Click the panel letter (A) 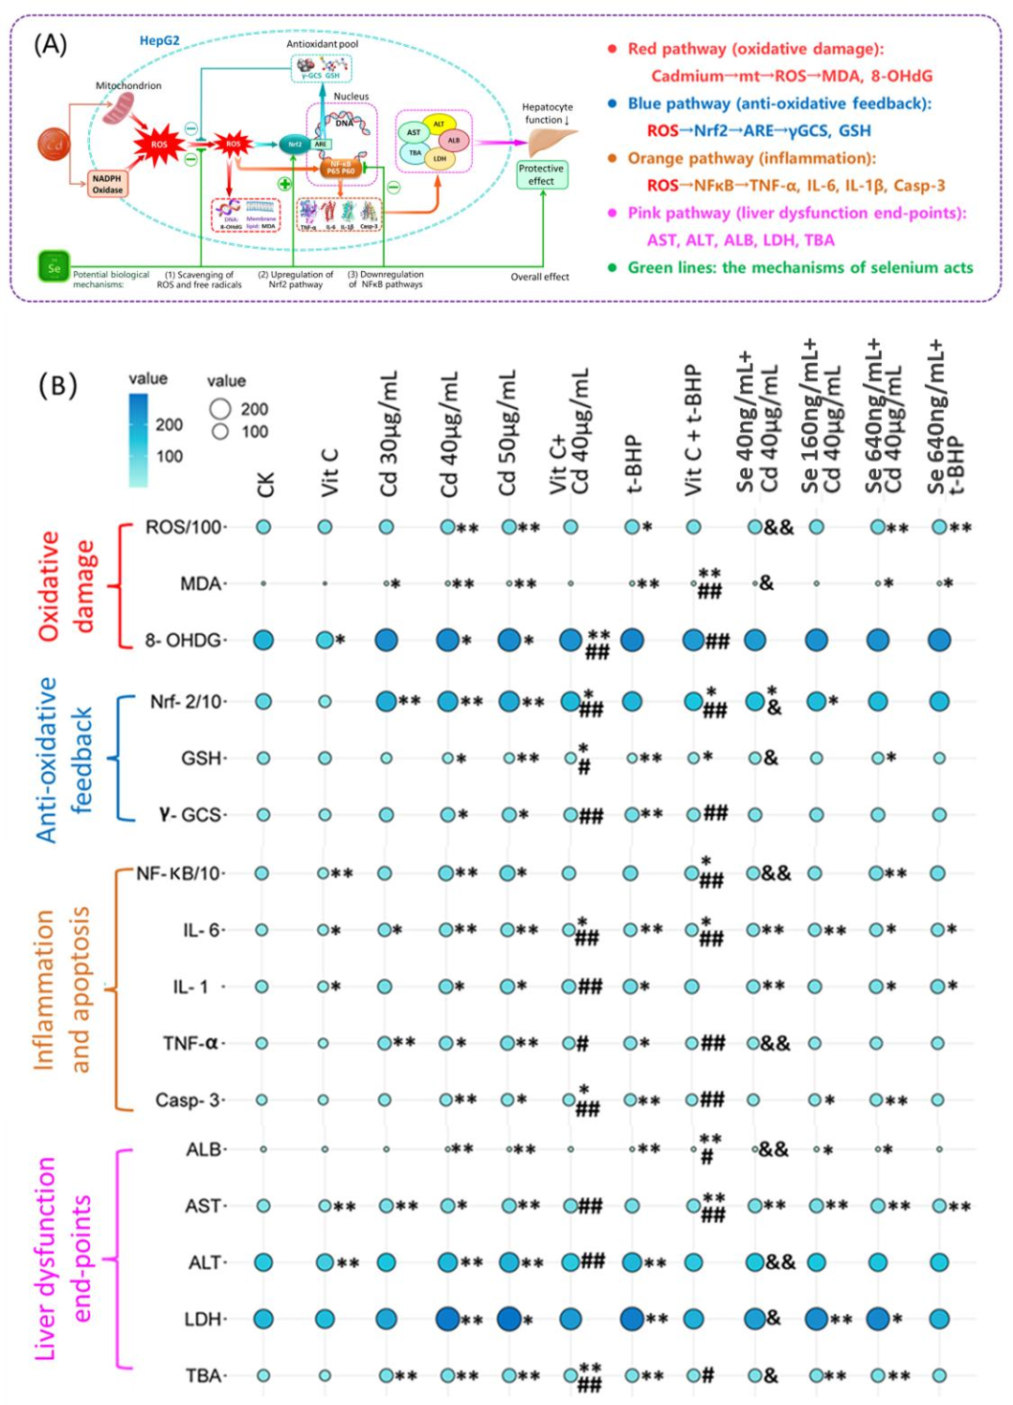(51, 44)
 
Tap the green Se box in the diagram (53, 267)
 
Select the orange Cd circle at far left (54, 144)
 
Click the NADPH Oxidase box (107, 184)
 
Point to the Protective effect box (541, 174)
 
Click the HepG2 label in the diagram (159, 40)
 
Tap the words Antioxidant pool (322, 44)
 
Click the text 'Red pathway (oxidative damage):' (755, 49)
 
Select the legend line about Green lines (800, 267)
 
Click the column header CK (265, 484)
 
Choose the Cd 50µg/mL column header (507, 432)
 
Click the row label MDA (201, 584)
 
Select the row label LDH (203, 1319)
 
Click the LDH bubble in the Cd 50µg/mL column (508, 1319)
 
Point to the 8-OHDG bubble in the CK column (264, 641)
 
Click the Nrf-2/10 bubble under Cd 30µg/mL (386, 701)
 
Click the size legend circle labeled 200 (220, 409)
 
